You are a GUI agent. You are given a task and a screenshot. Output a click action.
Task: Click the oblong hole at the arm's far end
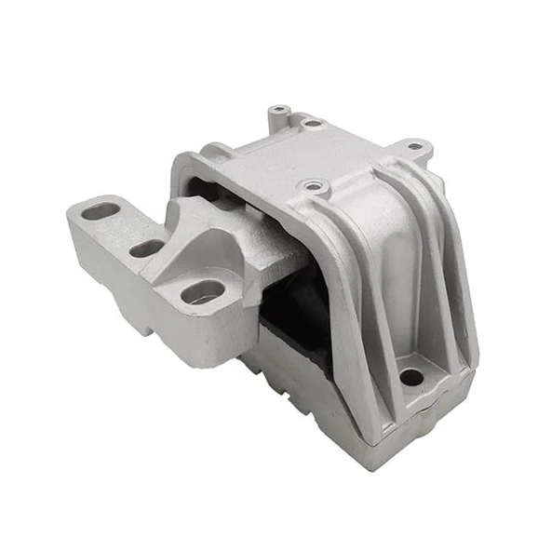(99, 211)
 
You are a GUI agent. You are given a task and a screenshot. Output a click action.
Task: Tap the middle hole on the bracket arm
(145, 249)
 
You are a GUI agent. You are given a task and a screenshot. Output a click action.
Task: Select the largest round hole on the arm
(202, 292)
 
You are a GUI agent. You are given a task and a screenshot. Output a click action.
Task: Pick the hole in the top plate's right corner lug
(413, 146)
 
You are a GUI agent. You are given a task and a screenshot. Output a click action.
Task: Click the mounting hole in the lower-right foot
(410, 378)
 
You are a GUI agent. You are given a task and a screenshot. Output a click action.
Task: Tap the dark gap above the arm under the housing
(209, 193)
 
